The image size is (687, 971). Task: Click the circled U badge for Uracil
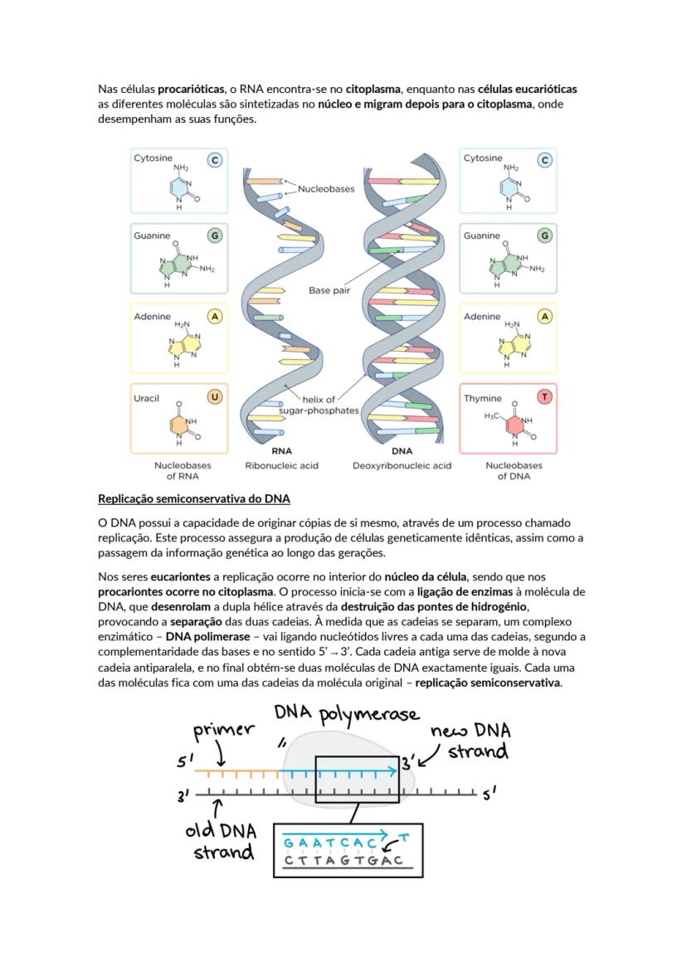coord(215,397)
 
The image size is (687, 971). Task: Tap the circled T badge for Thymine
coord(545,397)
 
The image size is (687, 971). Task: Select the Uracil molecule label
coord(147,399)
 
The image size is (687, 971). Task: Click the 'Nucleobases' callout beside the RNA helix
coord(326,189)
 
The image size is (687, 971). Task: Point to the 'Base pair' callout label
coord(329,291)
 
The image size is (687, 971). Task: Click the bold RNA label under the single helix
coord(281,452)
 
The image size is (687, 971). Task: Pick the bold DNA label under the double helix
coord(402,452)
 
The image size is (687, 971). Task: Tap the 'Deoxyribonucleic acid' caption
coord(402,466)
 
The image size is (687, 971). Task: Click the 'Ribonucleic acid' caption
coord(281,466)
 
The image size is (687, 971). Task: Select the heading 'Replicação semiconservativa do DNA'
coord(193,499)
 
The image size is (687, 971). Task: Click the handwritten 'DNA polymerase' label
coord(347,715)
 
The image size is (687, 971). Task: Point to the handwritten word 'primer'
coord(223,731)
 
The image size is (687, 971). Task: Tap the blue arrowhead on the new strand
coord(393,770)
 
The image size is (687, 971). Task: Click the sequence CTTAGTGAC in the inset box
coord(343,860)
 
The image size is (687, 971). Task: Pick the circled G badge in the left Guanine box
coord(215,235)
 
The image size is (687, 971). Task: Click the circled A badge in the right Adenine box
coord(545,316)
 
